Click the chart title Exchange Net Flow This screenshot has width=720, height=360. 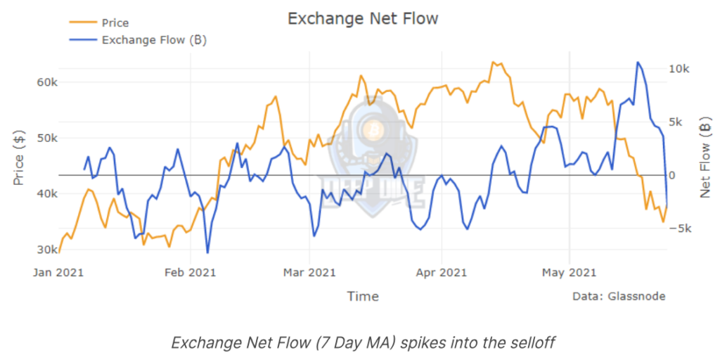point(362,19)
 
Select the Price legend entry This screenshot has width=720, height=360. point(115,23)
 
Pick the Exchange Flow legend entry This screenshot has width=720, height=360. point(153,39)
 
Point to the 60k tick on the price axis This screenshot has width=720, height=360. point(47,82)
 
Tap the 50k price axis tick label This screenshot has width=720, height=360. point(47,138)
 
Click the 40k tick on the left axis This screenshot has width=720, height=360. point(47,193)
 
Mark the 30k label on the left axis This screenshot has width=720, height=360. point(47,250)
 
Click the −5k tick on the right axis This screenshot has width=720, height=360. point(683,229)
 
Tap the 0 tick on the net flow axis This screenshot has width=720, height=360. point(674,175)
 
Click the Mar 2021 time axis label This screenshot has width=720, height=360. point(309,272)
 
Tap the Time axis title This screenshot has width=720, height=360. point(363,296)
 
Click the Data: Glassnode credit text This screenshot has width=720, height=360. point(619,296)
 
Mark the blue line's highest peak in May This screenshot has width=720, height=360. point(638,63)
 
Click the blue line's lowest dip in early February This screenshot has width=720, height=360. point(207,252)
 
